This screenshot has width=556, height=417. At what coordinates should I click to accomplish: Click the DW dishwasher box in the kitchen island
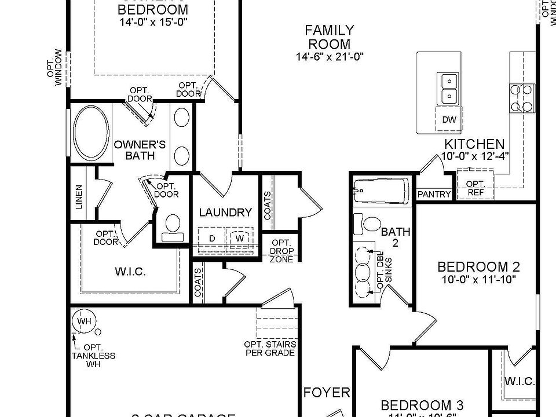tap(449, 120)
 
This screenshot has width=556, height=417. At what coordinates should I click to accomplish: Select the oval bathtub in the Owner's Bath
tap(91, 133)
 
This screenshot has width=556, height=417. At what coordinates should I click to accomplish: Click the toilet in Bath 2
tap(367, 222)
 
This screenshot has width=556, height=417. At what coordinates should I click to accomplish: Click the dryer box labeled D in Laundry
tap(212, 238)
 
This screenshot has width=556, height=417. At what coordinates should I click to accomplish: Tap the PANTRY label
tap(434, 195)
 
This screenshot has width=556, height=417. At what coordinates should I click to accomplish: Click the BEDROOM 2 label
tap(478, 267)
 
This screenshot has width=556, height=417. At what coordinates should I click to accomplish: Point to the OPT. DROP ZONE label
tap(281, 250)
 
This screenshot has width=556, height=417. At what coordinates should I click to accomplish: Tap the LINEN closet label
tap(79, 197)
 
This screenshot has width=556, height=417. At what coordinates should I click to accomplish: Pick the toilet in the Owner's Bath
tap(173, 226)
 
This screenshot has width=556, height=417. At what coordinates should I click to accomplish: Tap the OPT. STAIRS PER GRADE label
tap(270, 348)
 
